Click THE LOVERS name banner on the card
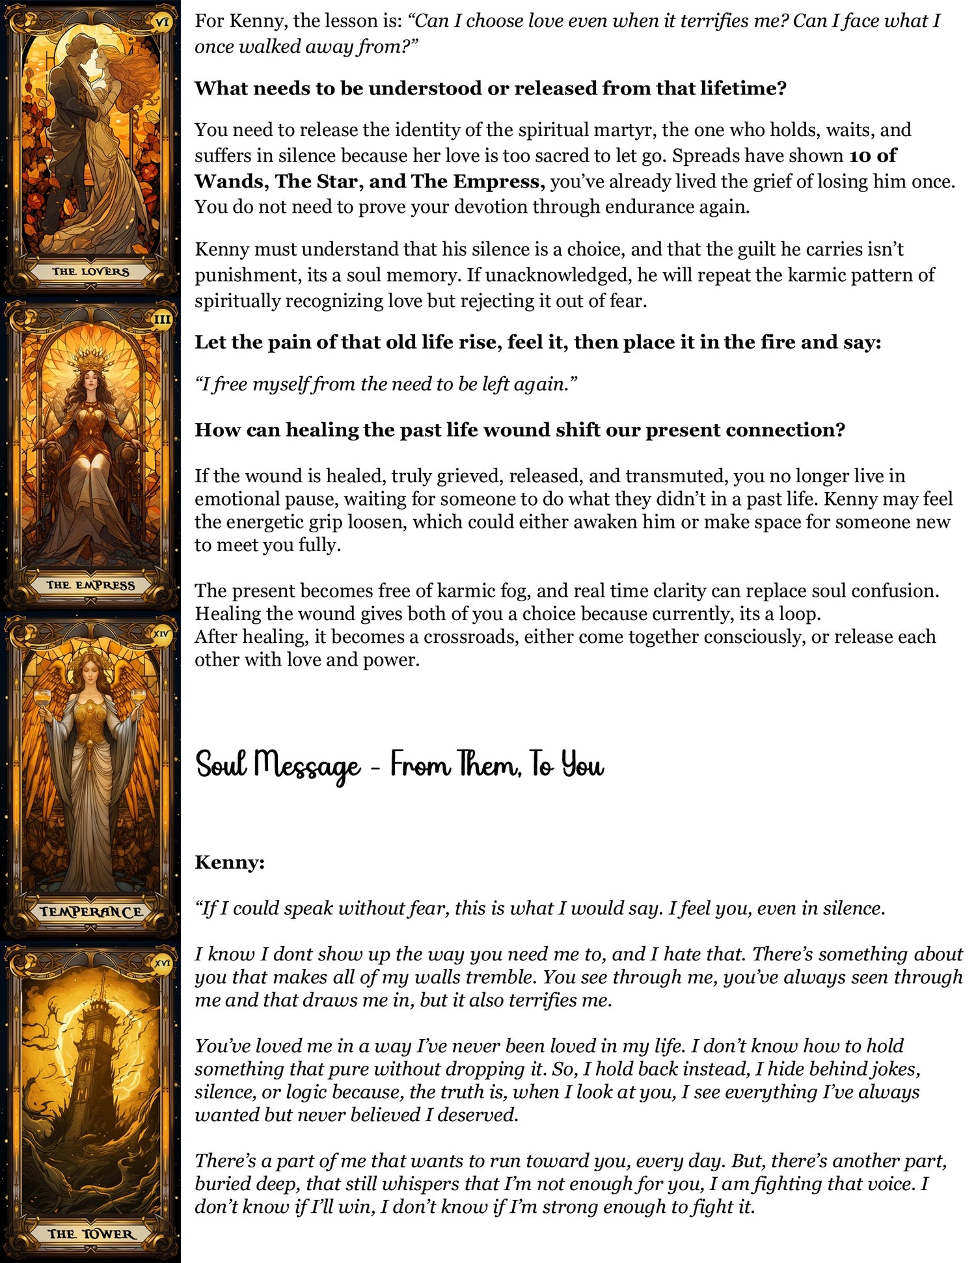coord(90,271)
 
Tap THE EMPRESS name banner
coord(90,585)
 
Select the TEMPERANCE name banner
coord(90,911)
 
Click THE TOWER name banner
coord(90,1234)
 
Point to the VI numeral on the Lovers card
coord(162,21)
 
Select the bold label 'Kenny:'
coord(230,862)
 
